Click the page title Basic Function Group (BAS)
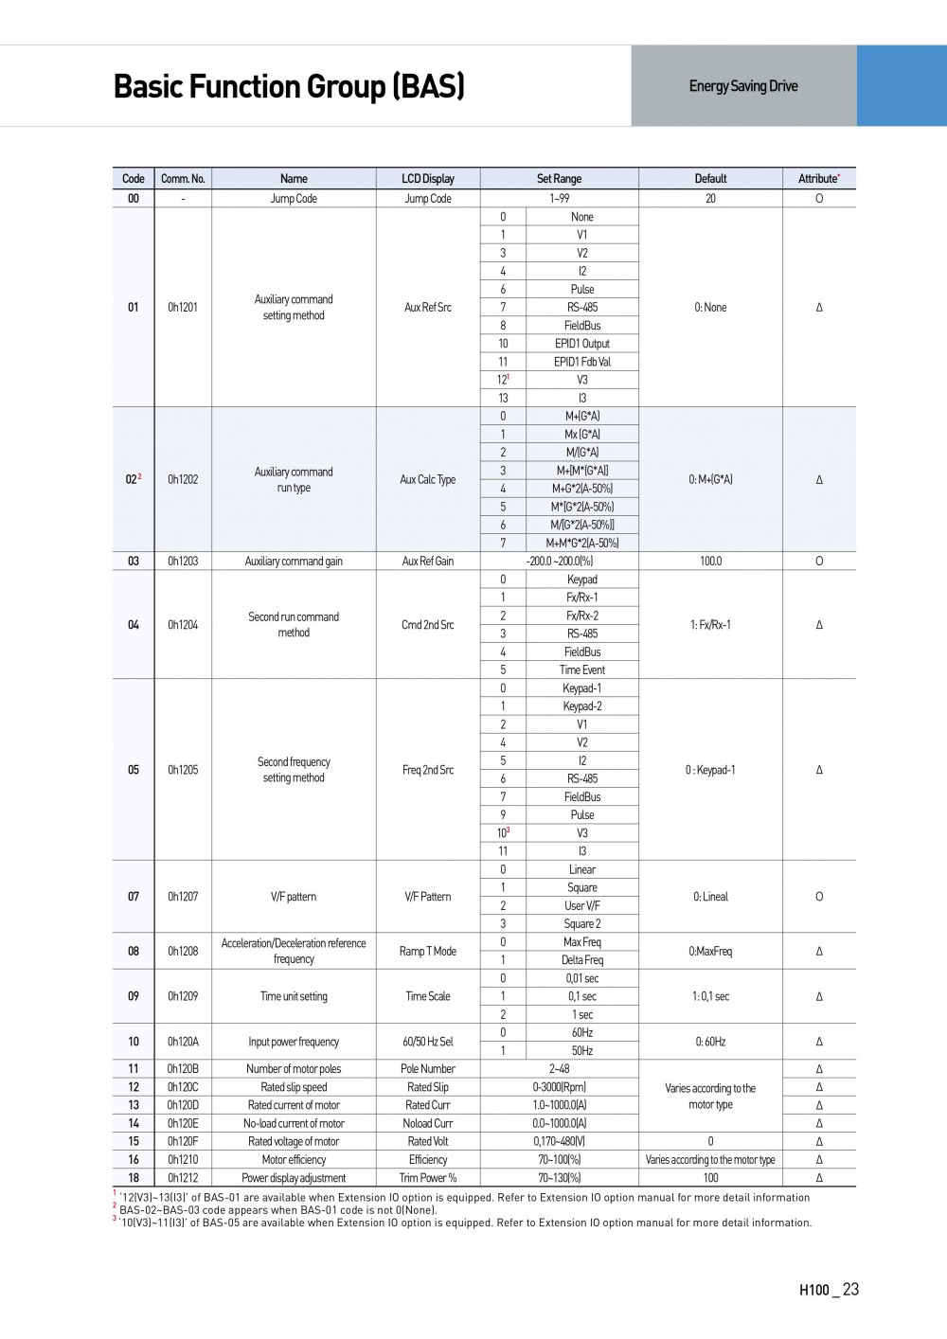click(289, 86)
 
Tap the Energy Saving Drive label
click(743, 86)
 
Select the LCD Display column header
click(428, 178)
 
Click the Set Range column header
click(559, 178)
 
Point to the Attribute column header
click(818, 178)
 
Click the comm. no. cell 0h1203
click(183, 561)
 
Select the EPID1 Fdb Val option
click(582, 362)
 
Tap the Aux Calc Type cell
click(428, 479)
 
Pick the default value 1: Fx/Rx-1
click(710, 625)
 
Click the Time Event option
click(582, 669)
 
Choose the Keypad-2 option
click(582, 706)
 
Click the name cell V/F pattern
click(294, 897)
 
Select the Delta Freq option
click(582, 960)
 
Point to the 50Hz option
click(582, 1051)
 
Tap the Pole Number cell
click(428, 1069)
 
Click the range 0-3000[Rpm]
click(559, 1087)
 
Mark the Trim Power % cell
click(428, 1178)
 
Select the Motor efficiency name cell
click(294, 1160)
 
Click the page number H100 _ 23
click(829, 1290)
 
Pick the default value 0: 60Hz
click(710, 1042)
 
